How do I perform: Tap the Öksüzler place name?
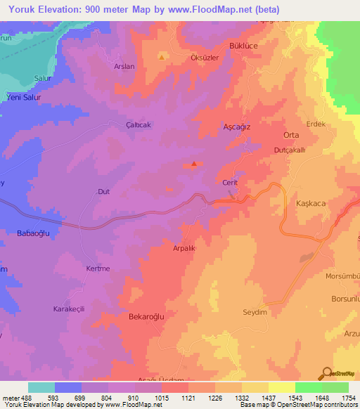198,58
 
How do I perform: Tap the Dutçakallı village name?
289,150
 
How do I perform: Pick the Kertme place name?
98,268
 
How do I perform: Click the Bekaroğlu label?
146,317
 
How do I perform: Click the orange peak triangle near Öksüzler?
162,57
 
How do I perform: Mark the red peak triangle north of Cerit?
194,165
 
